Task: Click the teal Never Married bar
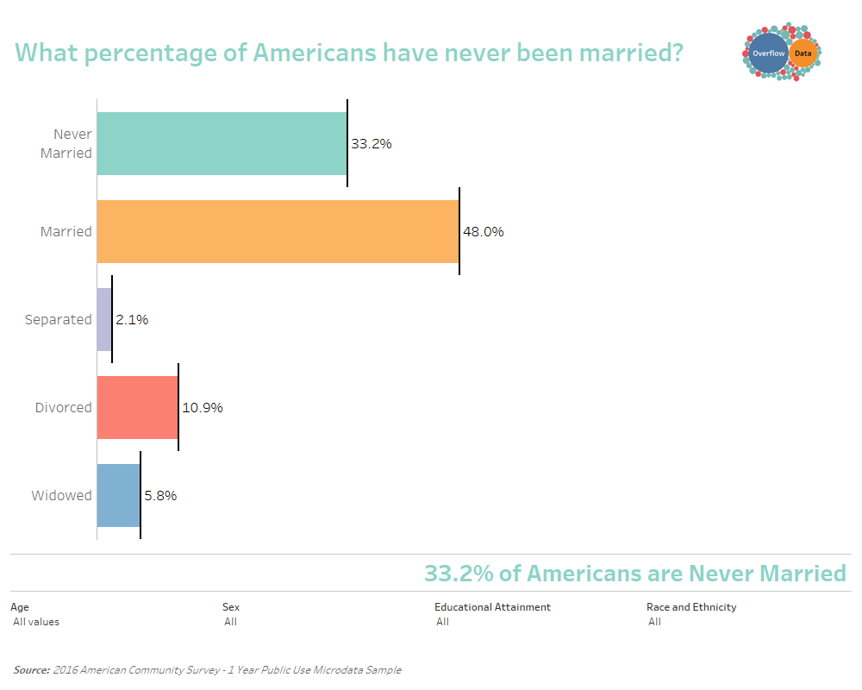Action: tap(222, 144)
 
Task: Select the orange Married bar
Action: tap(278, 232)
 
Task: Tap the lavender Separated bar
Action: tap(104, 320)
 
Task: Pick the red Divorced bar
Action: tap(137, 408)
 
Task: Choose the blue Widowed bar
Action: tap(119, 496)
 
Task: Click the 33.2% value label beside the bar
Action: tap(372, 144)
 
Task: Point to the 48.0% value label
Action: tap(484, 232)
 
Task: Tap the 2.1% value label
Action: tap(132, 320)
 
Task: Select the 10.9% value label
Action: tap(203, 408)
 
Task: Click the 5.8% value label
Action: tap(160, 496)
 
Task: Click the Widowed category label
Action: tap(61, 496)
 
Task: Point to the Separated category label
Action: tap(59, 320)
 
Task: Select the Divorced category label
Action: tap(63, 408)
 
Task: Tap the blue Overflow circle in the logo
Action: tap(769, 53)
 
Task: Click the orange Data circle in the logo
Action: tap(803, 53)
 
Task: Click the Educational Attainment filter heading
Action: tap(492, 607)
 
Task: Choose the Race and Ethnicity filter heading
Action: tap(691, 607)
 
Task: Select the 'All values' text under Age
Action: tap(36, 622)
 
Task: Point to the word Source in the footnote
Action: tap(31, 670)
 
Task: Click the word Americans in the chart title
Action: tap(315, 53)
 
